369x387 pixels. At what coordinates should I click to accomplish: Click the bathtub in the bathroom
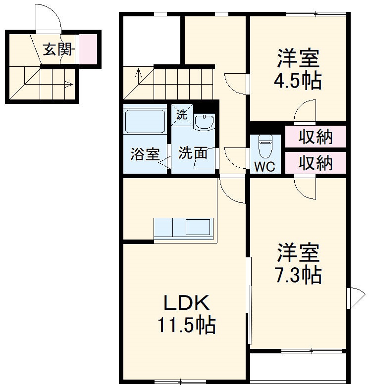(145, 121)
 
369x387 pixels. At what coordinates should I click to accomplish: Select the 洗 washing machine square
(182, 115)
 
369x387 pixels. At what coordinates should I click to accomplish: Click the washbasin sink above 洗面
(204, 122)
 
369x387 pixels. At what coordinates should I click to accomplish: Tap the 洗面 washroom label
(193, 153)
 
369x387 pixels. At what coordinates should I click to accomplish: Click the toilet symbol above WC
(265, 145)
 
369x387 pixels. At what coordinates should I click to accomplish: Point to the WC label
(264, 167)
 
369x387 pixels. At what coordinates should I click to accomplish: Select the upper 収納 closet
(315, 137)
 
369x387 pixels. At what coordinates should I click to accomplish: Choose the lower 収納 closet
(315, 163)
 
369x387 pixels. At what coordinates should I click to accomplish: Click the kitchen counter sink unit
(184, 228)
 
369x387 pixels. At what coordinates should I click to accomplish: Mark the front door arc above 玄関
(50, 20)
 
